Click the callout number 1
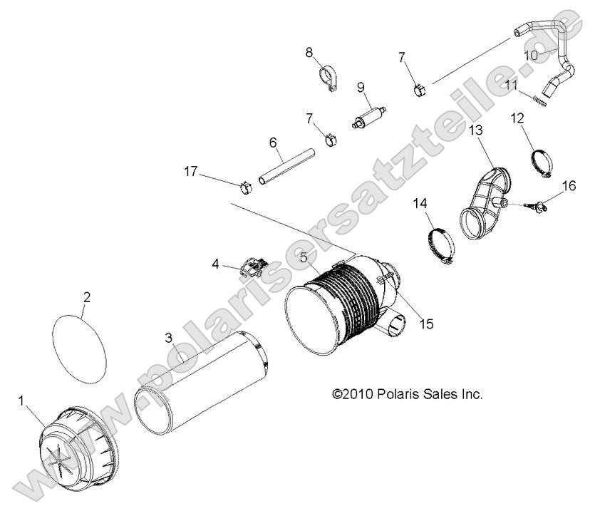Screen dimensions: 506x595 coord(21,401)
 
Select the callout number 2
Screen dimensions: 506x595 coord(86,297)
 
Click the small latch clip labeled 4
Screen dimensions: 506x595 coord(253,268)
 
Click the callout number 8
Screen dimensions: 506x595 coord(309,52)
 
